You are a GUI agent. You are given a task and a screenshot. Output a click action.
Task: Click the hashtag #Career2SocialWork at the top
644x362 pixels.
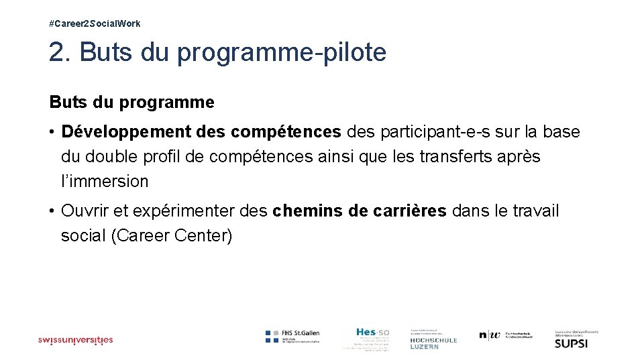[95, 23]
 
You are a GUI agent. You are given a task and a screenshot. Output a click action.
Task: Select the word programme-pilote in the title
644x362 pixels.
[282, 53]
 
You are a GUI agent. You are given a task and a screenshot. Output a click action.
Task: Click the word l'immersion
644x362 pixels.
[105, 181]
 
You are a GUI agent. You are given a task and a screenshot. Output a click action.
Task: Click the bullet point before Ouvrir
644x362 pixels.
[52, 211]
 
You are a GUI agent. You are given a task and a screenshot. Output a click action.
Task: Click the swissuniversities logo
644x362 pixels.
[75, 340]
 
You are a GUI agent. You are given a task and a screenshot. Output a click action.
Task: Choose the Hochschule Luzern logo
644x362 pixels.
[433, 339]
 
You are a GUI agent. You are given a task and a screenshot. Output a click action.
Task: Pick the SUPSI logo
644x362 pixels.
[571, 340]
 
